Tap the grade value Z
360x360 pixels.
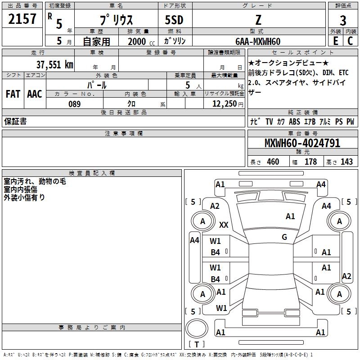[x=257, y=20]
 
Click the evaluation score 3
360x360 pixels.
[x=343, y=20]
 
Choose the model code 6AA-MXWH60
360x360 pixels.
[x=257, y=41]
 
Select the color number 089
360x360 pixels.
[x=75, y=104]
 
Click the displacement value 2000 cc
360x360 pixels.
[x=139, y=41]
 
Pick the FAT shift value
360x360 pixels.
[x=13, y=94]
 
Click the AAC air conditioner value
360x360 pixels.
[x=35, y=94]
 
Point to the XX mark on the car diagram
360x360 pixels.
[x=224, y=225]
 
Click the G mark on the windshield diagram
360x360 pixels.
[x=284, y=237]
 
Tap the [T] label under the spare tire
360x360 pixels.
[x=197, y=344]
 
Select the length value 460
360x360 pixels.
[x=273, y=162]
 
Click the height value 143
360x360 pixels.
[x=346, y=162]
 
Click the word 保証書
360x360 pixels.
[x=15, y=121]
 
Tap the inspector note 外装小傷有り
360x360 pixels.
[x=24, y=197]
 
